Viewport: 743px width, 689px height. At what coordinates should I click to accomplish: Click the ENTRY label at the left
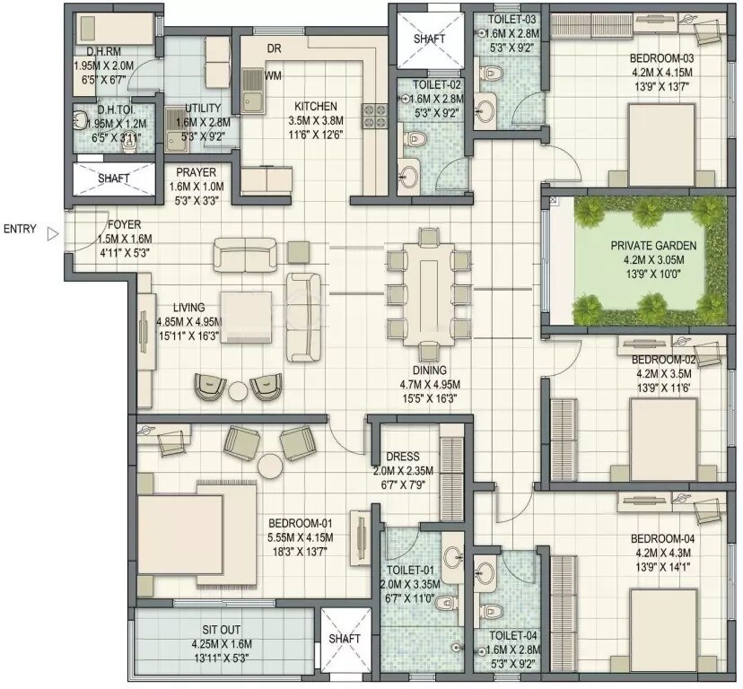[x=20, y=230]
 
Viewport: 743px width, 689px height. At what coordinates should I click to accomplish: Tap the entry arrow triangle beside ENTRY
[x=52, y=233]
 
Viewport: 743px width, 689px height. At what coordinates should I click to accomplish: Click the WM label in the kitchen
[x=273, y=76]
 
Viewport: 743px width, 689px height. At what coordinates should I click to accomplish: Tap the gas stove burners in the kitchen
[x=373, y=117]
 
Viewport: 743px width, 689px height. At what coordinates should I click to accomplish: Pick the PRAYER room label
[x=195, y=172]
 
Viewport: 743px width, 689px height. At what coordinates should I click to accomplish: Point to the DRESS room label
[x=403, y=457]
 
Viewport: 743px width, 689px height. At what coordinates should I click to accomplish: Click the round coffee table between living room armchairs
[x=237, y=391]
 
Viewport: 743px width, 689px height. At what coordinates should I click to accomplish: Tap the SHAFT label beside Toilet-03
[x=429, y=39]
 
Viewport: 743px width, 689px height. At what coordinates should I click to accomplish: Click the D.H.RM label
[x=92, y=53]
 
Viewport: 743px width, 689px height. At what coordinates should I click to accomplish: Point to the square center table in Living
[x=245, y=314]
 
